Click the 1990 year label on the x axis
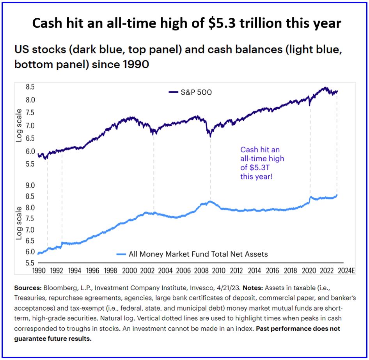[x=39, y=270]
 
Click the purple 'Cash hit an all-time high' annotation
[x=262, y=163]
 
